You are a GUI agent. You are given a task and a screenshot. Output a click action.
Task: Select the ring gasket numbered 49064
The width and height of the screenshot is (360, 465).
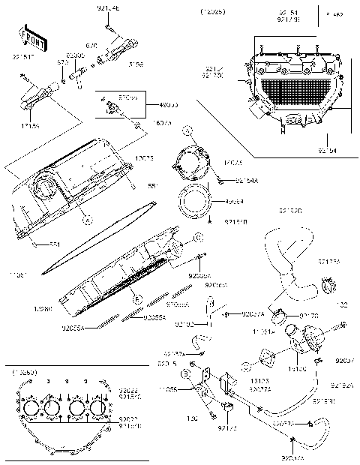[193, 202]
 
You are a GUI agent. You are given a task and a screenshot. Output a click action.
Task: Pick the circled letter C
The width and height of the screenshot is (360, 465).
[199, 237]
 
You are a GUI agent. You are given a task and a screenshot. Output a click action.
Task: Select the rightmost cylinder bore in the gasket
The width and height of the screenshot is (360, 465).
[99, 410]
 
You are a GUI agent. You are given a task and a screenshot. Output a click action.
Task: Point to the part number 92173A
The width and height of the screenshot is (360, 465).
[329, 262]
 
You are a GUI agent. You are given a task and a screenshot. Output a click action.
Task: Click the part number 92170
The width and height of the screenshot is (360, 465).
[330, 316]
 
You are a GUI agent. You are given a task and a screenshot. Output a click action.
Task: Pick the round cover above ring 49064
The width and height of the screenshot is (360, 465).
[191, 161]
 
